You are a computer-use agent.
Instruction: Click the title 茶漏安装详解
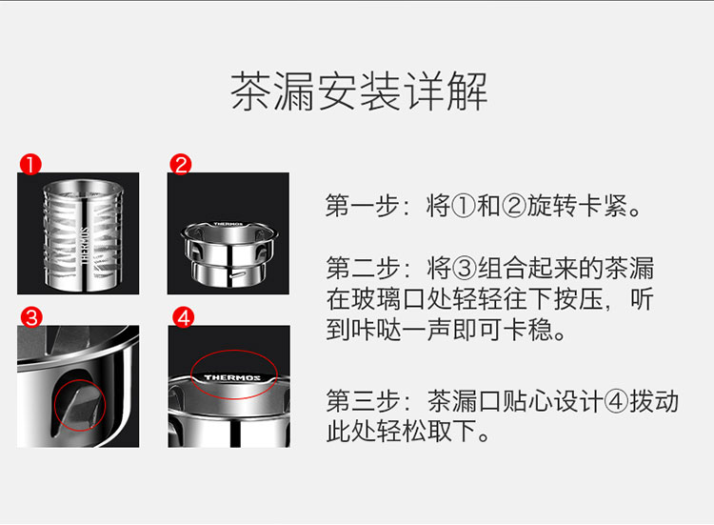[x=359, y=91]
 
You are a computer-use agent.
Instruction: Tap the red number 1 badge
[x=30, y=165]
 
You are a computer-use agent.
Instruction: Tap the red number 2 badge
[x=181, y=165]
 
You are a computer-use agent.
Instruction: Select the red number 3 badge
[x=31, y=317]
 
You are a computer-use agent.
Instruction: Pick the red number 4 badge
[x=183, y=317]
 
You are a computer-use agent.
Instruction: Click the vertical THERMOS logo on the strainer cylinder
[x=85, y=246]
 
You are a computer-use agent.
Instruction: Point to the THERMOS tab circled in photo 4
[x=232, y=378]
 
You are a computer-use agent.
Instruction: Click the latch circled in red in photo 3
[x=80, y=406]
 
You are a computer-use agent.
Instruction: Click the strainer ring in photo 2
[x=229, y=253]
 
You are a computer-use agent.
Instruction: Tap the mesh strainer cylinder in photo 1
[x=83, y=235]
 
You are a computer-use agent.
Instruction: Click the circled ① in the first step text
[x=465, y=206]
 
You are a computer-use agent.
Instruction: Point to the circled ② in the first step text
[x=514, y=206]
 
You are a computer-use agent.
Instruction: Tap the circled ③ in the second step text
[x=465, y=268]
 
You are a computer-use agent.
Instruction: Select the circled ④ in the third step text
[x=617, y=401]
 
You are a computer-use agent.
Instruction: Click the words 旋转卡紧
[x=578, y=206]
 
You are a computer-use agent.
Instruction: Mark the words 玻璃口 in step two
[x=388, y=299]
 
